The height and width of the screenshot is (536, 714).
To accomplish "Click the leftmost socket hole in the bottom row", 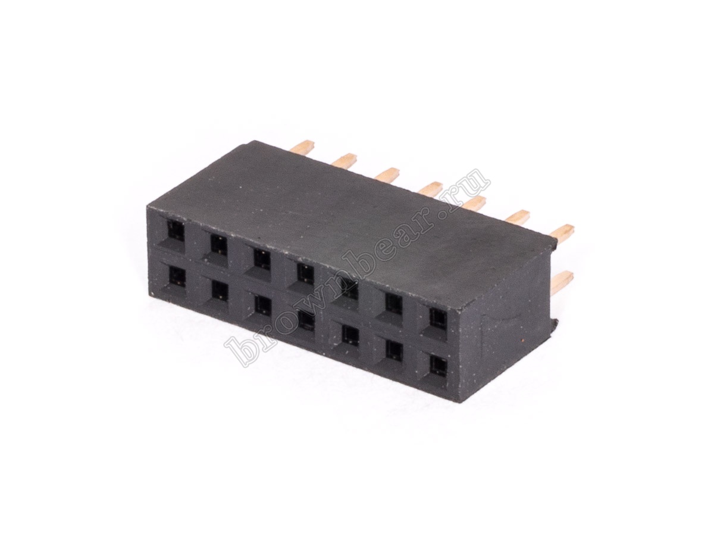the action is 177,277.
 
